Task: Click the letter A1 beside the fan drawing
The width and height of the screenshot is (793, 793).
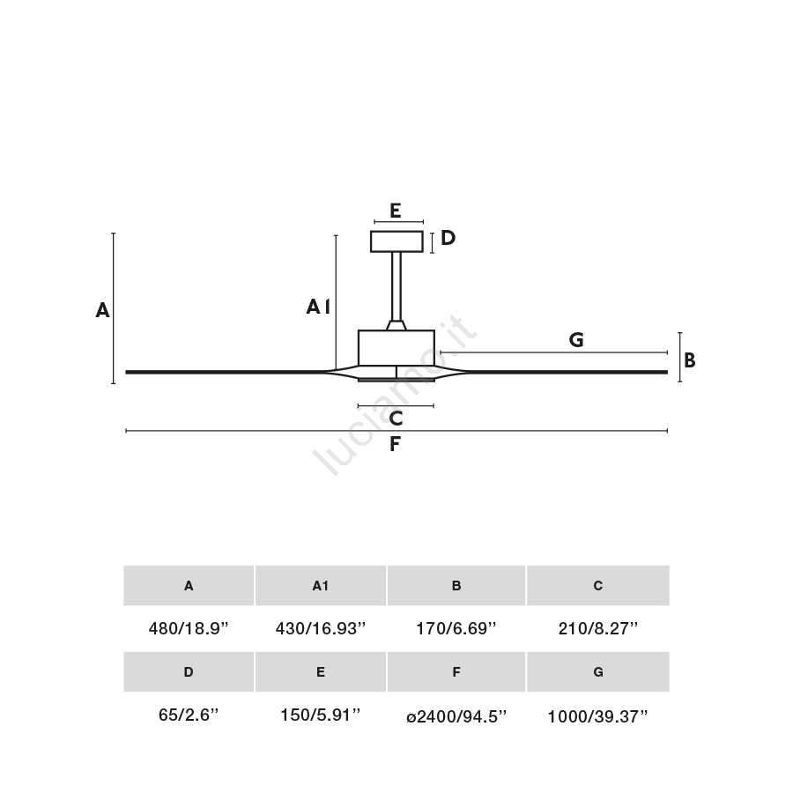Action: pyautogui.click(x=318, y=307)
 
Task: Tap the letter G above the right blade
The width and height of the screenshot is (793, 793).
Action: pyautogui.click(x=576, y=339)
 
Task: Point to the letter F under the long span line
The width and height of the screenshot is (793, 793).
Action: pyautogui.click(x=395, y=444)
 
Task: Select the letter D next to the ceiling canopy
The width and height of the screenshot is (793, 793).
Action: pyautogui.click(x=448, y=238)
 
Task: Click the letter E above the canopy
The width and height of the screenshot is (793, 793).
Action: pyautogui.click(x=396, y=211)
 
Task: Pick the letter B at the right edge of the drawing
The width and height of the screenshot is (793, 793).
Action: pyautogui.click(x=689, y=360)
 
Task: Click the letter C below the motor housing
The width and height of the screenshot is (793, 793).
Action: pyautogui.click(x=396, y=419)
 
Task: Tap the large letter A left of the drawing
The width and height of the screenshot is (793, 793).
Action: pyautogui.click(x=103, y=310)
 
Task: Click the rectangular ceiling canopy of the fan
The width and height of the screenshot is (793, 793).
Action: pyautogui.click(x=396, y=241)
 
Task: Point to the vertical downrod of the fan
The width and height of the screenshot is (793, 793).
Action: pyautogui.click(x=396, y=286)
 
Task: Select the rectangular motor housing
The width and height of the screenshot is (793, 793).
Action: pyautogui.click(x=396, y=348)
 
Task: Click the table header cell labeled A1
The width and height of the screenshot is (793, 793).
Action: pyautogui.click(x=321, y=586)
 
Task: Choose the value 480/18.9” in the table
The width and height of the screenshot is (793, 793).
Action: pyautogui.click(x=189, y=628)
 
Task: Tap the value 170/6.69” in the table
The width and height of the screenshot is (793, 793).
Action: pyautogui.click(x=456, y=628)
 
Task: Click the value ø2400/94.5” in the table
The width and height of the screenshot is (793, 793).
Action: pyautogui.click(x=456, y=716)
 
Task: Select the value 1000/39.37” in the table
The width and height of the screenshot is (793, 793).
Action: pyautogui.click(x=597, y=716)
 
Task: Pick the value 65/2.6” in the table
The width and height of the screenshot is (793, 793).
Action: pyautogui.click(x=189, y=715)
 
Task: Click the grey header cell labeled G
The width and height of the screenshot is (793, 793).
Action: pyautogui.click(x=598, y=671)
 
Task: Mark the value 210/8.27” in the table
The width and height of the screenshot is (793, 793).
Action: pyautogui.click(x=598, y=628)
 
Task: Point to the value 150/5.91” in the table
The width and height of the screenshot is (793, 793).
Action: pyautogui.click(x=321, y=715)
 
